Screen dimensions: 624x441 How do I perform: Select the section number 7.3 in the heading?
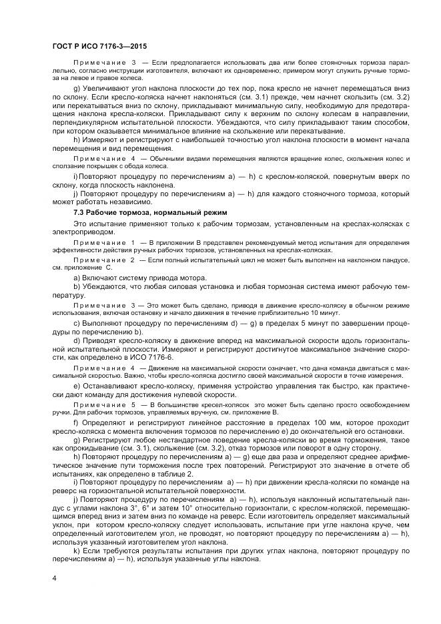click(80, 212)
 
